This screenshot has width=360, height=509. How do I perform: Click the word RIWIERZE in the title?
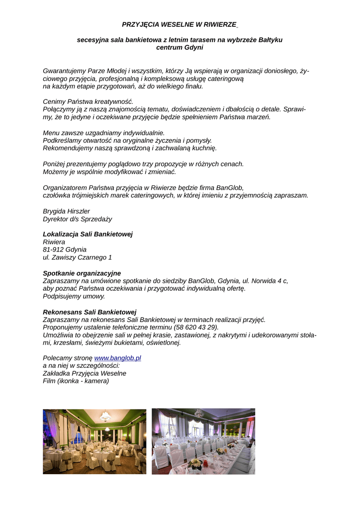[219, 24]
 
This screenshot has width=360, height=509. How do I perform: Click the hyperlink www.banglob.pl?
[118, 358]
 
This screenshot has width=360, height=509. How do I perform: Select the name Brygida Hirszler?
[66, 211]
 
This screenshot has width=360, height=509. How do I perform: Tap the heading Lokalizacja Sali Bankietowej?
[88, 234]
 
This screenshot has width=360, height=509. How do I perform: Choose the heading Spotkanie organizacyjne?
[82, 273]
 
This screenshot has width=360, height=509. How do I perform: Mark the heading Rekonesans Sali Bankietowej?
[90, 312]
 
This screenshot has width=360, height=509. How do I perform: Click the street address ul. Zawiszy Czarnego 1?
[77, 257]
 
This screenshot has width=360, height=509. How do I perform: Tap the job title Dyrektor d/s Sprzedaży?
[78, 219]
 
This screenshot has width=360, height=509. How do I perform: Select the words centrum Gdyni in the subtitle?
[180, 48]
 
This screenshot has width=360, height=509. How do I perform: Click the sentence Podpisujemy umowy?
[74, 296]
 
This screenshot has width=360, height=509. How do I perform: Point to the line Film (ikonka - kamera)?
[76, 381]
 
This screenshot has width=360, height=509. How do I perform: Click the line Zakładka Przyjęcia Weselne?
[85, 373]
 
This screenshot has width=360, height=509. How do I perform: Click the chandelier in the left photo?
[105, 416]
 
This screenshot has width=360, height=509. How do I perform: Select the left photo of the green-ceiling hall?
[94, 441]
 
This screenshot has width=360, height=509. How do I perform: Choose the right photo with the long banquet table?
[203, 441]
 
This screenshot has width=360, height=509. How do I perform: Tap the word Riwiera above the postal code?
[54, 242]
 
